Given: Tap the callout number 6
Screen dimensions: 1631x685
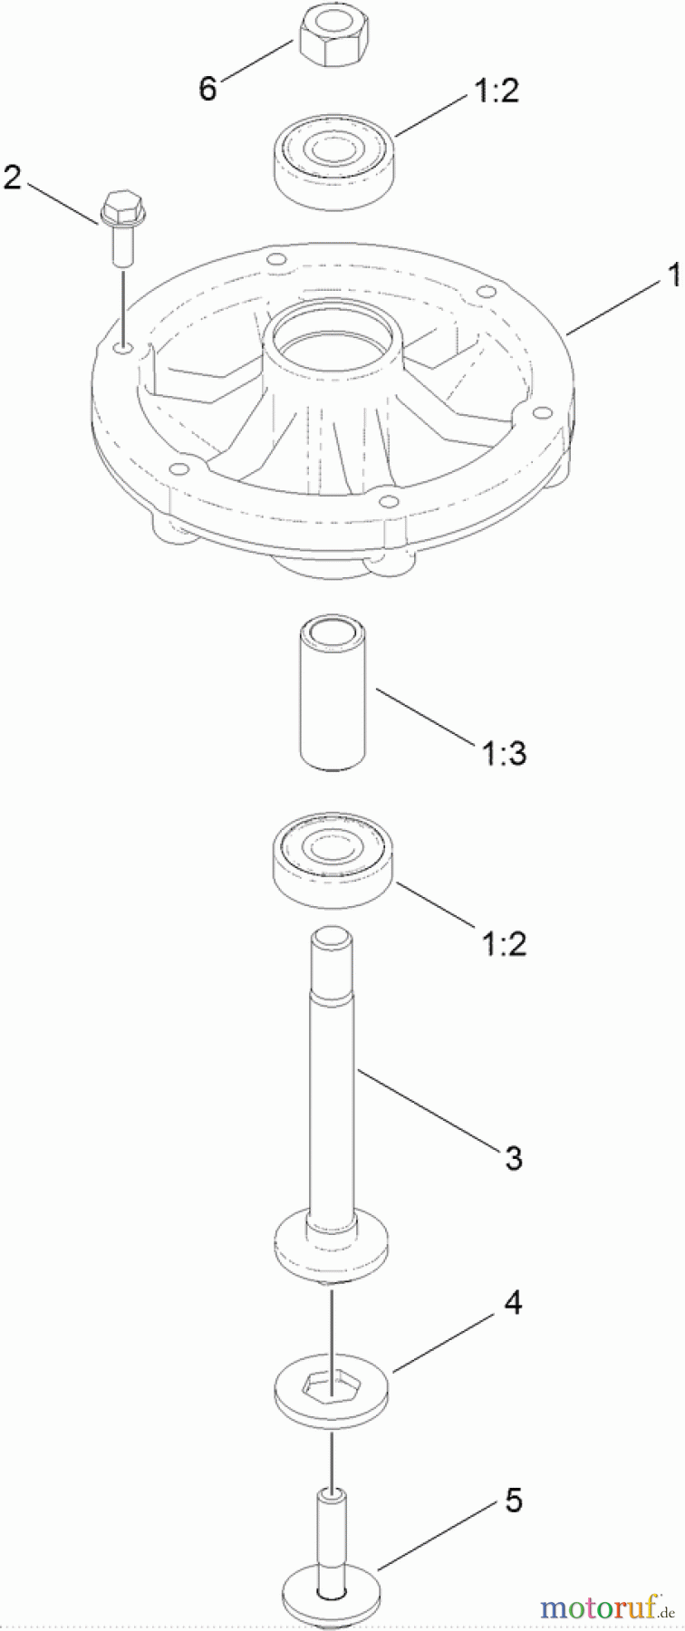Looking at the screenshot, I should (207, 89).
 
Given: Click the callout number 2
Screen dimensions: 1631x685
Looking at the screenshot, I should (12, 177).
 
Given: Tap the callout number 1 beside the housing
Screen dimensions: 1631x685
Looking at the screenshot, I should (673, 275).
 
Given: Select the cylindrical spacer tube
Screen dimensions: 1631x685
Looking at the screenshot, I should (333, 693).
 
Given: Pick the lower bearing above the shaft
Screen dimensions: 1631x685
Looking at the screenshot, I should (334, 857).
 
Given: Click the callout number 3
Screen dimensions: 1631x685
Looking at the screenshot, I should (513, 1157).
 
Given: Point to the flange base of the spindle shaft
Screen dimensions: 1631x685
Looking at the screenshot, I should (332, 1249).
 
